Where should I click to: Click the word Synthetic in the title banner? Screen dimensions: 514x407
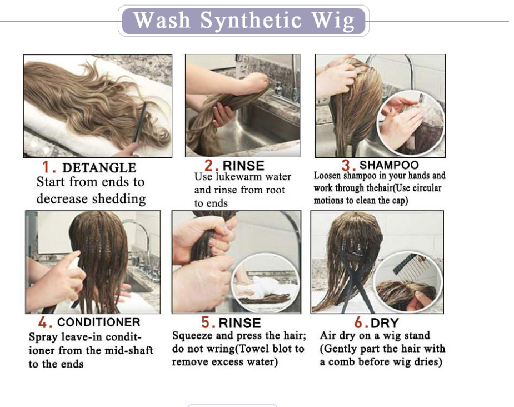[x=251, y=21]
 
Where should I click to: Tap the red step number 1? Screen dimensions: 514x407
[x=46, y=167]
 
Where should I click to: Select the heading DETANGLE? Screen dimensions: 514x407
[x=99, y=167]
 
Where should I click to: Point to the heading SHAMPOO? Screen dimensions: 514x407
[x=389, y=165]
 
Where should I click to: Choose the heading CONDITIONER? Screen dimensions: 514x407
[x=99, y=322]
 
